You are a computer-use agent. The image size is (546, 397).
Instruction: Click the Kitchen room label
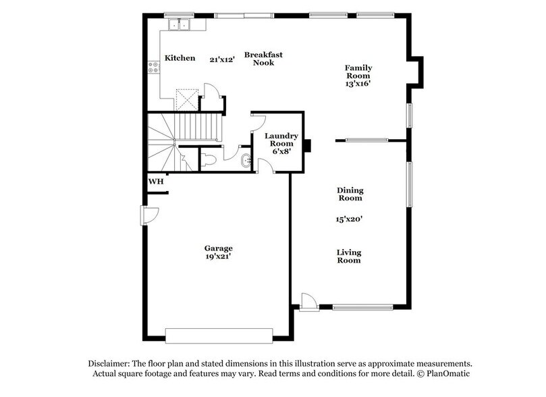tap(180, 58)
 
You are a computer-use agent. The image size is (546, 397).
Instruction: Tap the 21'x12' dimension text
tap(221, 59)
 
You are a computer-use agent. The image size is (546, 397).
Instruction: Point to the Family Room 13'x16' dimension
tap(358, 84)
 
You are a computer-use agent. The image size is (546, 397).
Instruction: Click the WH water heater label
tap(155, 181)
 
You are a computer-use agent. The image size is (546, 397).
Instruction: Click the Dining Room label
tap(350, 194)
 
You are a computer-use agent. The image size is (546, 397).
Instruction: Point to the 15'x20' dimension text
tap(350, 219)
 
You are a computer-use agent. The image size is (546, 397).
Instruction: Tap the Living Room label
tap(349, 256)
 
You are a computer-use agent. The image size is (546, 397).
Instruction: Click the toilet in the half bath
tap(208, 159)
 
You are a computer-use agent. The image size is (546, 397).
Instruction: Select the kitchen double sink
tap(180, 24)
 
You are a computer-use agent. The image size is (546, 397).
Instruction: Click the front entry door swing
tap(307, 301)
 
